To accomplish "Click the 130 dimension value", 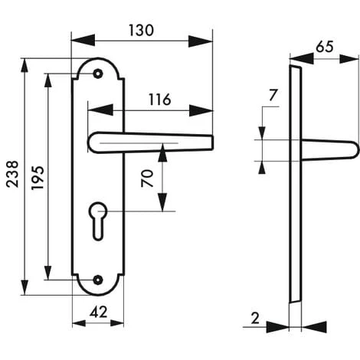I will click(141, 30).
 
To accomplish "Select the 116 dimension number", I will click(159, 100).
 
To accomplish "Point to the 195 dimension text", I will click(37, 178).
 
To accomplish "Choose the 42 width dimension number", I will click(97, 312).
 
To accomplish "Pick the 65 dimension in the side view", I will click(324, 46).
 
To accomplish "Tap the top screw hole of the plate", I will click(97, 74).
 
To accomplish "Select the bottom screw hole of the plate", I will click(97, 280).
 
